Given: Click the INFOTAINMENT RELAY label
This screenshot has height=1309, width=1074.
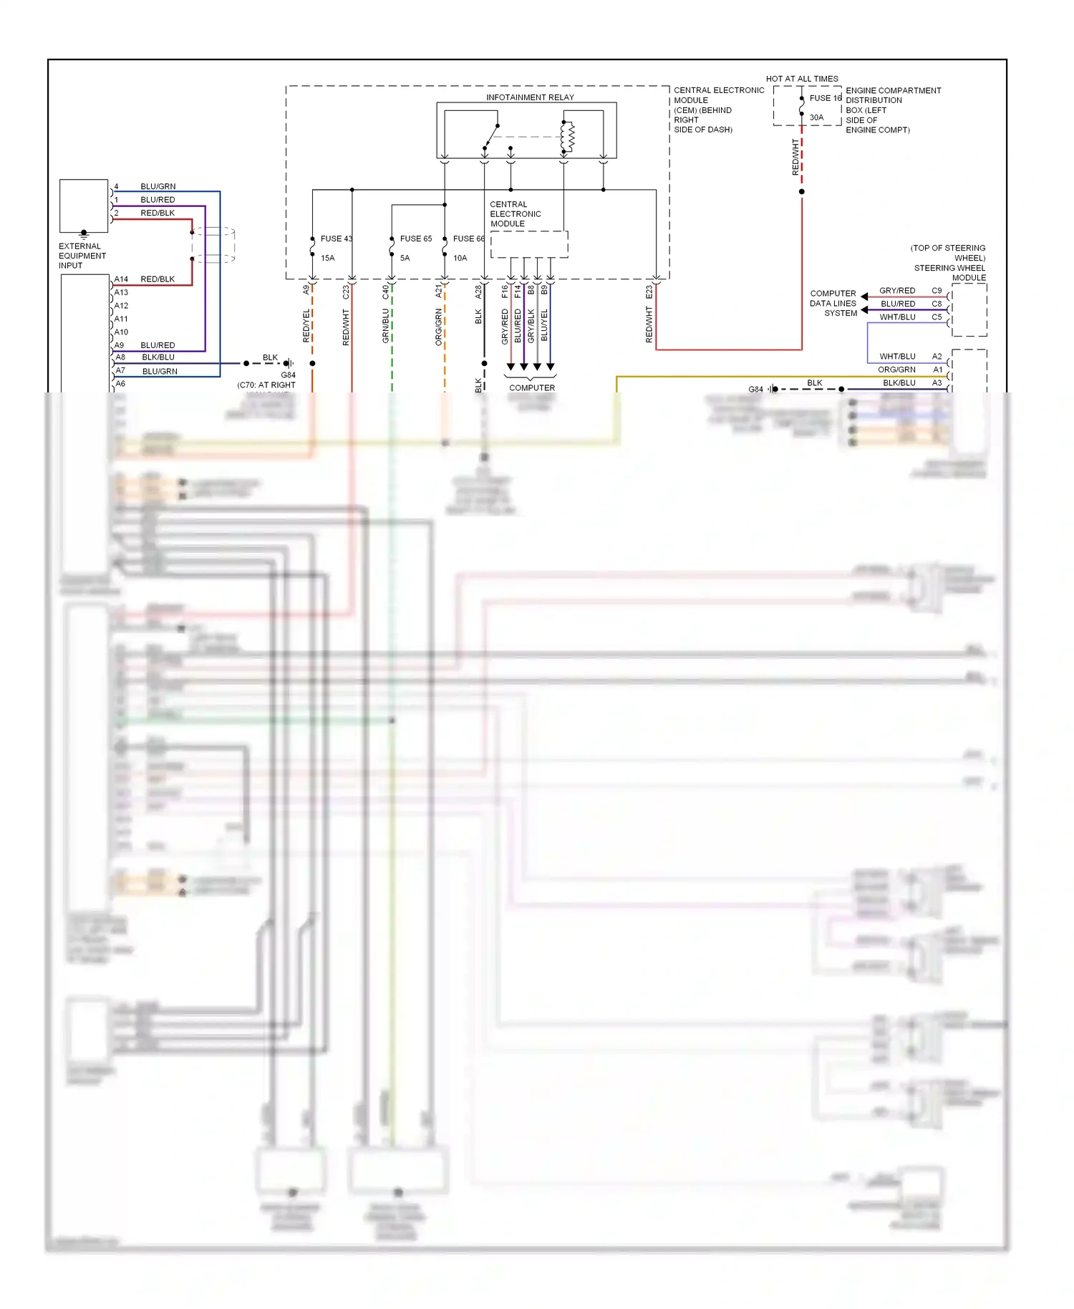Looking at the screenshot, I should (x=530, y=97).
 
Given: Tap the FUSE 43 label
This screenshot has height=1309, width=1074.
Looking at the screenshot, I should (x=336, y=238).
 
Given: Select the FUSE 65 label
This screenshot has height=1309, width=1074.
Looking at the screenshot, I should (x=415, y=238).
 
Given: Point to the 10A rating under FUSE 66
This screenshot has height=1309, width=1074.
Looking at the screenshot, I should (x=460, y=258).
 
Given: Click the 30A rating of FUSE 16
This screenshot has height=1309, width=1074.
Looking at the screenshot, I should (x=816, y=117).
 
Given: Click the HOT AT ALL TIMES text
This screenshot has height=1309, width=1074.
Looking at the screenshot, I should (x=801, y=79).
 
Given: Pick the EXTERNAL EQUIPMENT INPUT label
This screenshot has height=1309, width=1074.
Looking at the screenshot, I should (x=82, y=256).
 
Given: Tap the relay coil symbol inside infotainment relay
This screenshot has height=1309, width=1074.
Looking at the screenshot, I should (x=568, y=137).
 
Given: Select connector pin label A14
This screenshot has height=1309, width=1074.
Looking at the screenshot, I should (x=121, y=279).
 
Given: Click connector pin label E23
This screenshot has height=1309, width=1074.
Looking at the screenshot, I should (x=649, y=292).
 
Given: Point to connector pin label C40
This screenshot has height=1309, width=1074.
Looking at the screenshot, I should (x=385, y=292).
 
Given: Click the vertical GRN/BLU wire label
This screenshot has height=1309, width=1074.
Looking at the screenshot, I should (x=385, y=326).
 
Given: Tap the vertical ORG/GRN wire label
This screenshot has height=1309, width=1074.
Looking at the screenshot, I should (x=438, y=327).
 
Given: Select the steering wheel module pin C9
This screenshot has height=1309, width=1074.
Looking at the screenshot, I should (x=937, y=291).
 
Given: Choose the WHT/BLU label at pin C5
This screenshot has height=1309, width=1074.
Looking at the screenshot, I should (x=897, y=317).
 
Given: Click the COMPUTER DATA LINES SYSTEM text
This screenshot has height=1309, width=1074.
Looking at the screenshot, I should (x=833, y=303).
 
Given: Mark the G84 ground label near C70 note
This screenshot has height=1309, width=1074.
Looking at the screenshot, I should (x=288, y=375).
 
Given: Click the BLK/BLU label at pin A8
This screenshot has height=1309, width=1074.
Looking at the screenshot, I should (x=158, y=357).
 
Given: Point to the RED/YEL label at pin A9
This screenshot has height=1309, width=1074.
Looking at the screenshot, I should (x=306, y=326).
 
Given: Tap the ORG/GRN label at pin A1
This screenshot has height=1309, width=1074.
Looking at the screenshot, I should (x=896, y=369).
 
